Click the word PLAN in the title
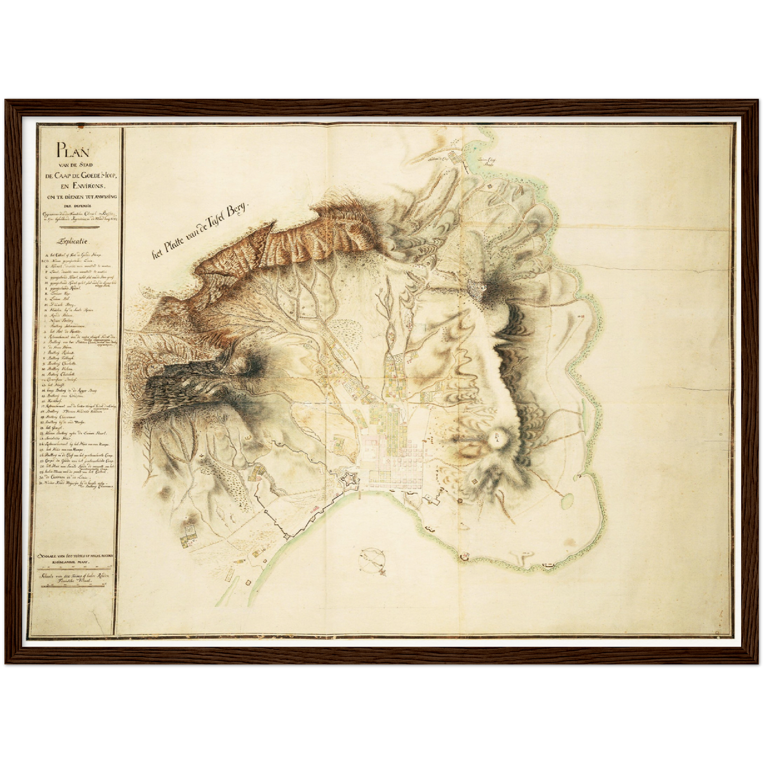[73, 150]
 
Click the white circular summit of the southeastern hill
[497, 437]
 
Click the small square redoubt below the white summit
[473, 480]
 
